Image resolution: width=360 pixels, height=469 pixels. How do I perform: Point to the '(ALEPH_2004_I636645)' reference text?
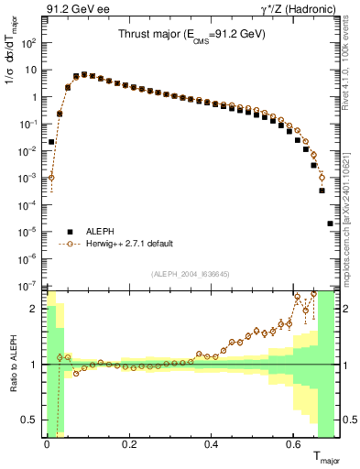(190, 274)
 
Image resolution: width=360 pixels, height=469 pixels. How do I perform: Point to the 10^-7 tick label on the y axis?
(27, 287)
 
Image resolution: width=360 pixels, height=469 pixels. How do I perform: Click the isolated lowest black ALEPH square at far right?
(330, 224)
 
